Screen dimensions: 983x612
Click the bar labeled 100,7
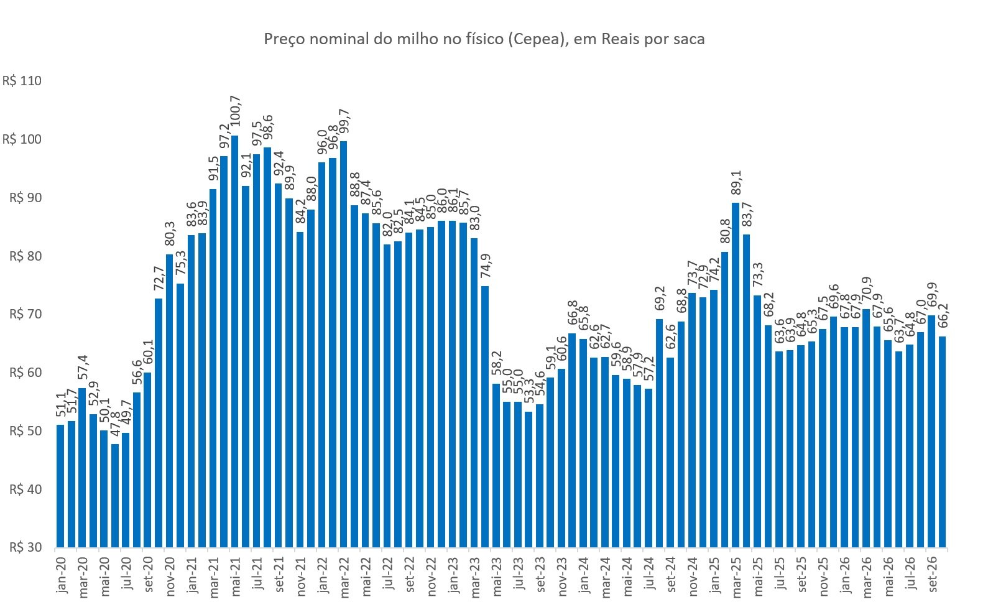(235, 341)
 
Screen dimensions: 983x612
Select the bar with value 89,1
(736, 376)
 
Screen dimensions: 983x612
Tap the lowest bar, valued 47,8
(115, 496)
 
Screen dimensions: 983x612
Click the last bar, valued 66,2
(942, 442)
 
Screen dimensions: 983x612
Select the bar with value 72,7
(159, 423)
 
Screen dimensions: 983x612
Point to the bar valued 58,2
(496, 466)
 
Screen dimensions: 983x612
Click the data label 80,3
(170, 234)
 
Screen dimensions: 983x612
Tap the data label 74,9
(486, 266)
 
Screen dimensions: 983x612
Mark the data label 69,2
(660, 299)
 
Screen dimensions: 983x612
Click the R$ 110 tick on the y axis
(22, 81)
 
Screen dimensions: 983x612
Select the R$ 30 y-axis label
(25, 547)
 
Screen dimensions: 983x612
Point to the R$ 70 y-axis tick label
(25, 314)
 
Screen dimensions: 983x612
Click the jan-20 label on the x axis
(62, 575)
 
